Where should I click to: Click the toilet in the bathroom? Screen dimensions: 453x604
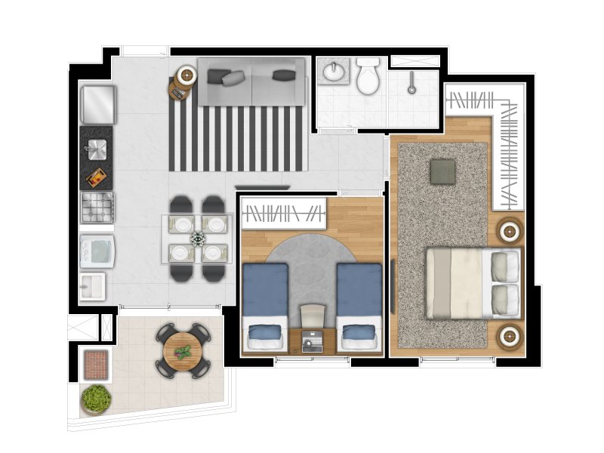click(x=368, y=77)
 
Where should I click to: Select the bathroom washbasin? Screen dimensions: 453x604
click(x=333, y=72)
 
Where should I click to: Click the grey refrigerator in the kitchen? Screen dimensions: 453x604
click(x=98, y=104)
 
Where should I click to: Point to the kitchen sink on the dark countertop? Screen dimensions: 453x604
click(x=97, y=149)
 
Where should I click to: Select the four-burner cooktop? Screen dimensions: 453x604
click(x=97, y=208)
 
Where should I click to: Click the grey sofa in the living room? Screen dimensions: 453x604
click(x=251, y=82)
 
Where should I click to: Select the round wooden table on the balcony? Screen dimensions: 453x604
click(x=183, y=352)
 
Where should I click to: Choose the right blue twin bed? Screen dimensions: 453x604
click(x=359, y=306)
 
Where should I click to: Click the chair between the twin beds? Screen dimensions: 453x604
click(x=312, y=316)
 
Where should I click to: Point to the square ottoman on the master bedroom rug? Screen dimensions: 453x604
click(x=443, y=171)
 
